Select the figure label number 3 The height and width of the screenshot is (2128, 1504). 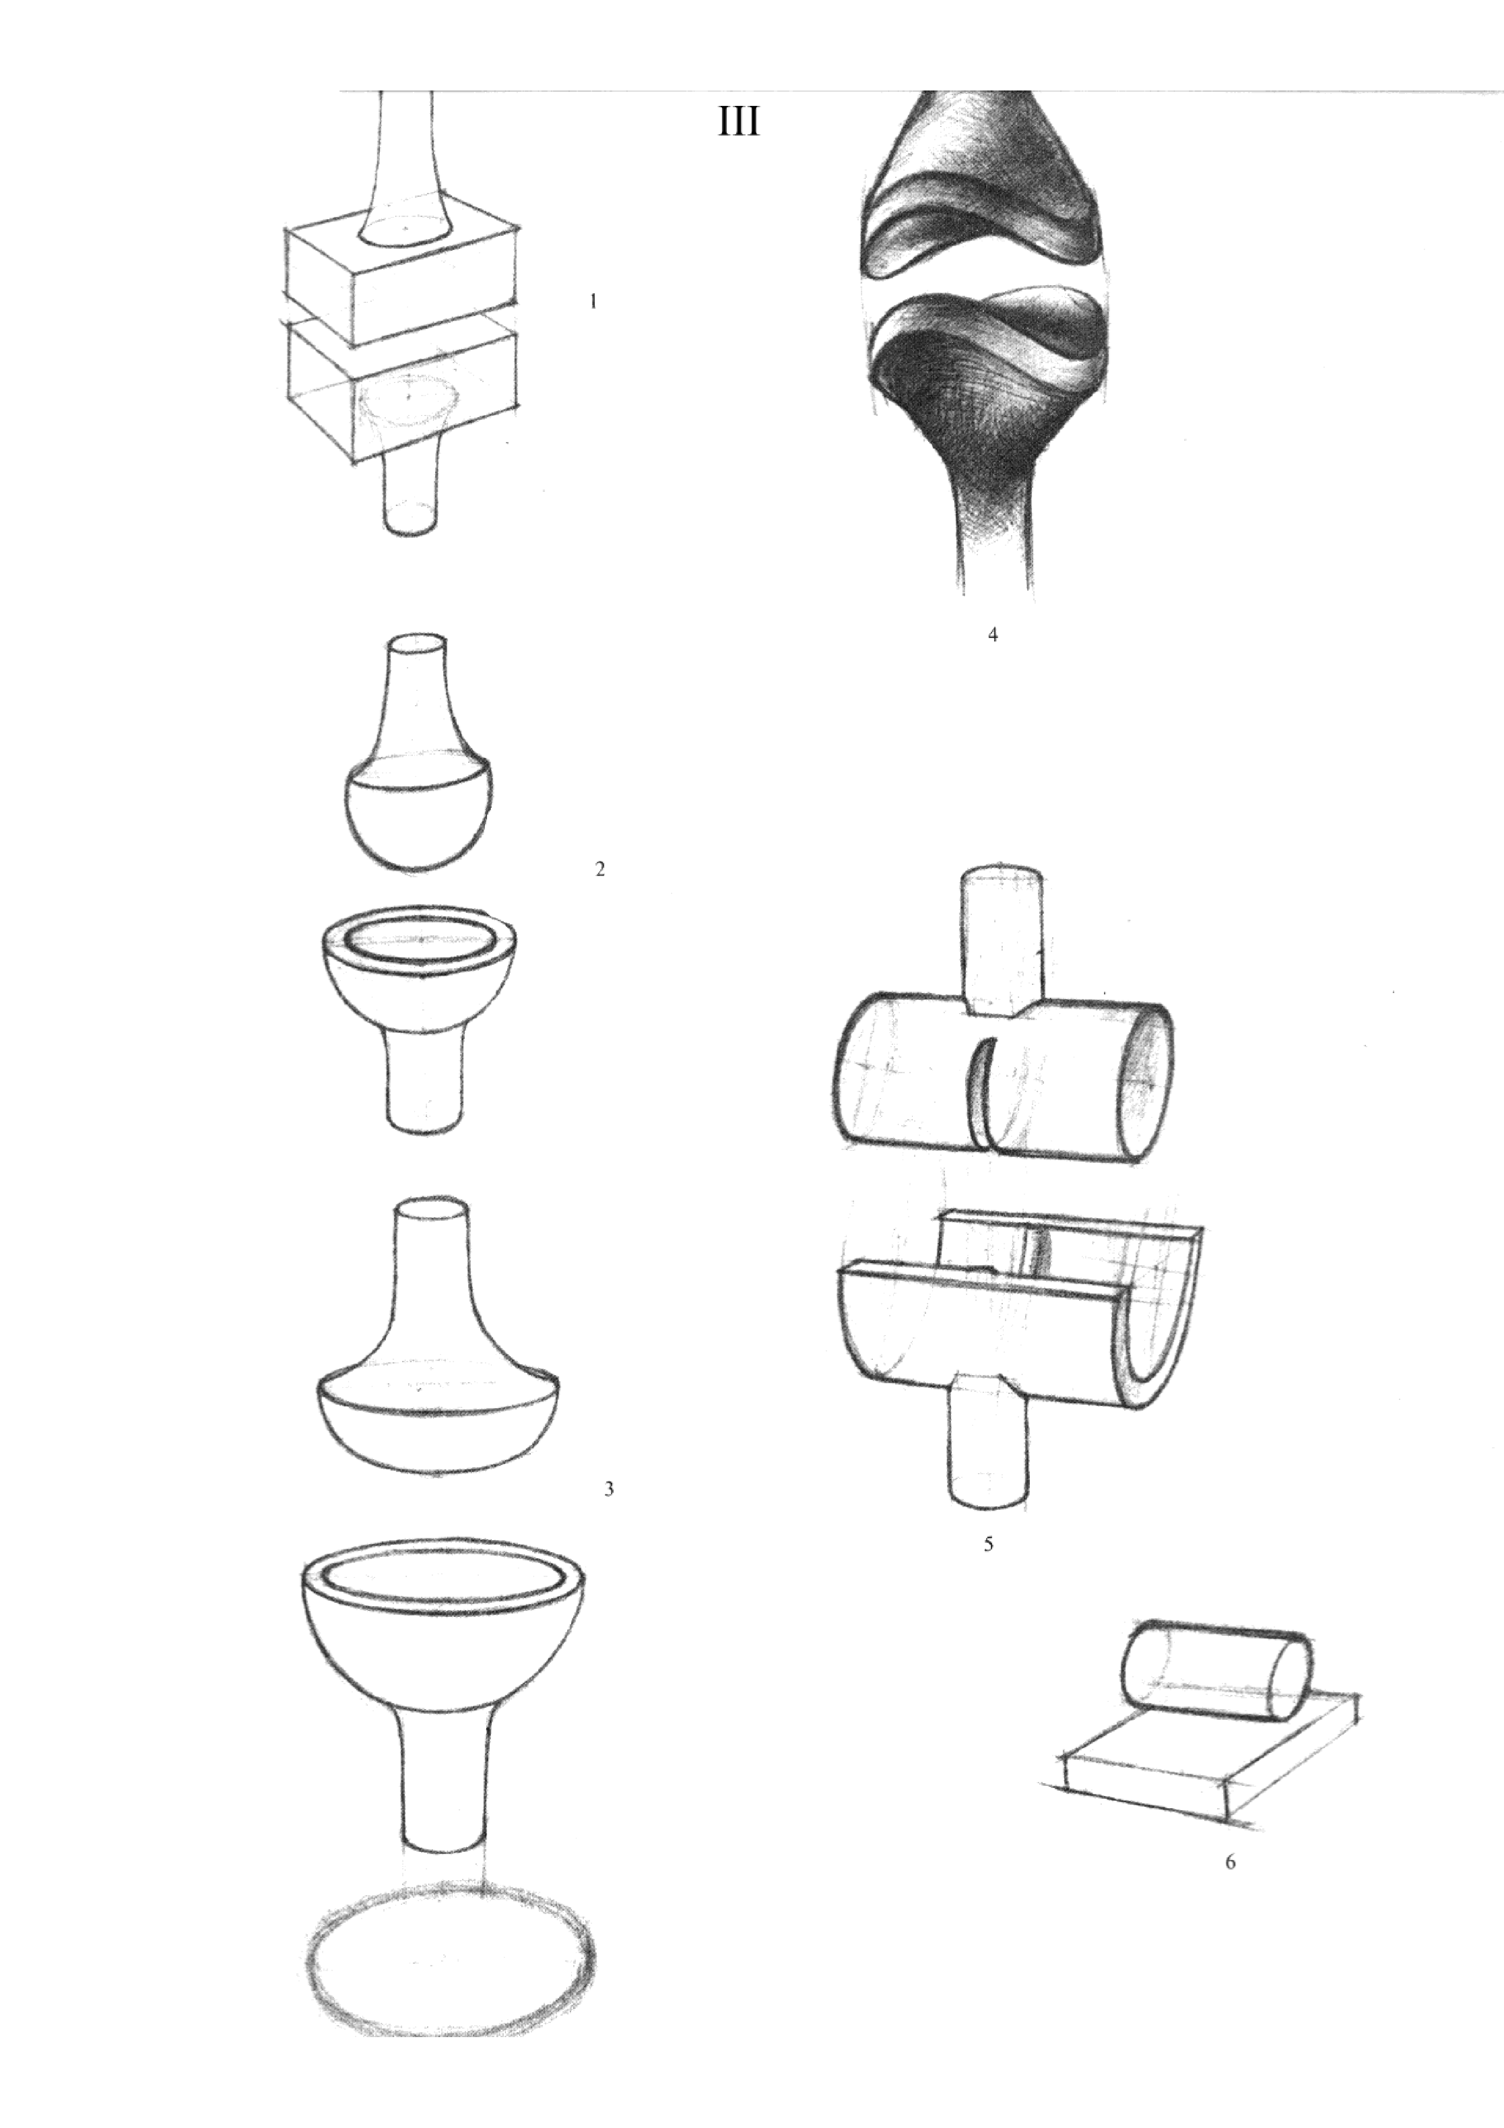click(608, 1489)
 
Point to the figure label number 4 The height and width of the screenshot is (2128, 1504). click(993, 635)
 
